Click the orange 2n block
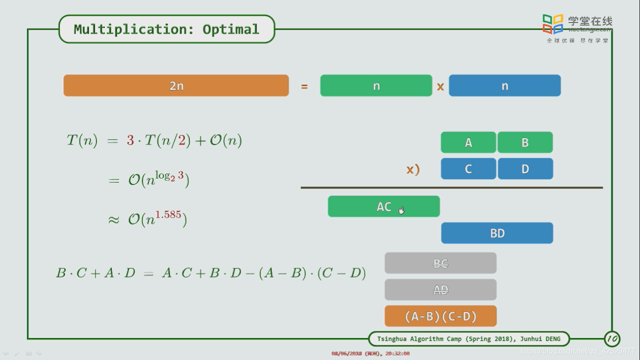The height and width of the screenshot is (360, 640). (x=176, y=86)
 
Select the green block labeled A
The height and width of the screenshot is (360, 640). (x=468, y=142)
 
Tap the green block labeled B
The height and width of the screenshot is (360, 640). (x=525, y=142)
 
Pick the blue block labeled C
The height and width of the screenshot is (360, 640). (x=468, y=169)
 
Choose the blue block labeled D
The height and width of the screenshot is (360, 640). (x=525, y=169)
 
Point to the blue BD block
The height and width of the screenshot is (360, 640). (x=497, y=233)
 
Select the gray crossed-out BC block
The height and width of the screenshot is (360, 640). (x=440, y=263)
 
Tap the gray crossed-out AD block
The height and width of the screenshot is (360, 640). (x=440, y=290)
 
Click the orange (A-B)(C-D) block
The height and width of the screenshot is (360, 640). (x=440, y=316)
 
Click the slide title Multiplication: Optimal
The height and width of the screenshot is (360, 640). (x=166, y=29)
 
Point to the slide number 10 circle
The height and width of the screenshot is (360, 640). (x=612, y=338)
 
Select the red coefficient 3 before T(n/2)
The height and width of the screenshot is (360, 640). (x=130, y=140)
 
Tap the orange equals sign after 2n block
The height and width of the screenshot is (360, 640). (x=305, y=86)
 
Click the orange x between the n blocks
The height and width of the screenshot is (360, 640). (x=440, y=86)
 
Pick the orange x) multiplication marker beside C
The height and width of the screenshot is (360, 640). (x=413, y=169)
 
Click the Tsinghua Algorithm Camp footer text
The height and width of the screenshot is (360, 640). (x=469, y=338)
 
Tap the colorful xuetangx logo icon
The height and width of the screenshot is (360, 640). (x=553, y=24)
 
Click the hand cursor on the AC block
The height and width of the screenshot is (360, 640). (x=401, y=210)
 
